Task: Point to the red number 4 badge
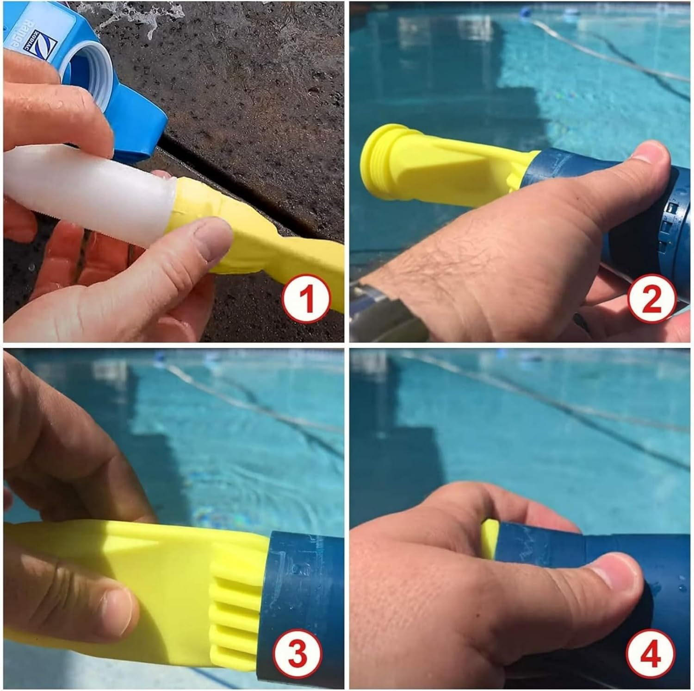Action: (650, 654)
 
